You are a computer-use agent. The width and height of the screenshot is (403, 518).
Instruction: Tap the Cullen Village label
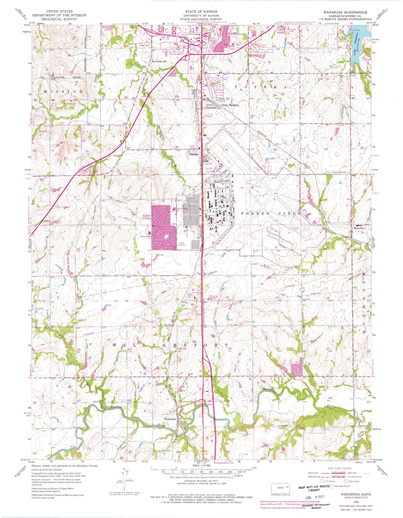click(x=146, y=217)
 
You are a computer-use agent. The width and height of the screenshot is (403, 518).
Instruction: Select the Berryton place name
click(x=359, y=228)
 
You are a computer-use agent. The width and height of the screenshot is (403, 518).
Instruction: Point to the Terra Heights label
click(x=229, y=105)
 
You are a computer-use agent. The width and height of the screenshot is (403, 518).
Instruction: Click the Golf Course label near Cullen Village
click(x=182, y=244)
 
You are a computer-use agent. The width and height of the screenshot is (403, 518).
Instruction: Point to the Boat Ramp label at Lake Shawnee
click(x=355, y=30)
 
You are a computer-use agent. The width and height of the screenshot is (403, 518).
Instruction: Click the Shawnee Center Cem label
click(x=162, y=451)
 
